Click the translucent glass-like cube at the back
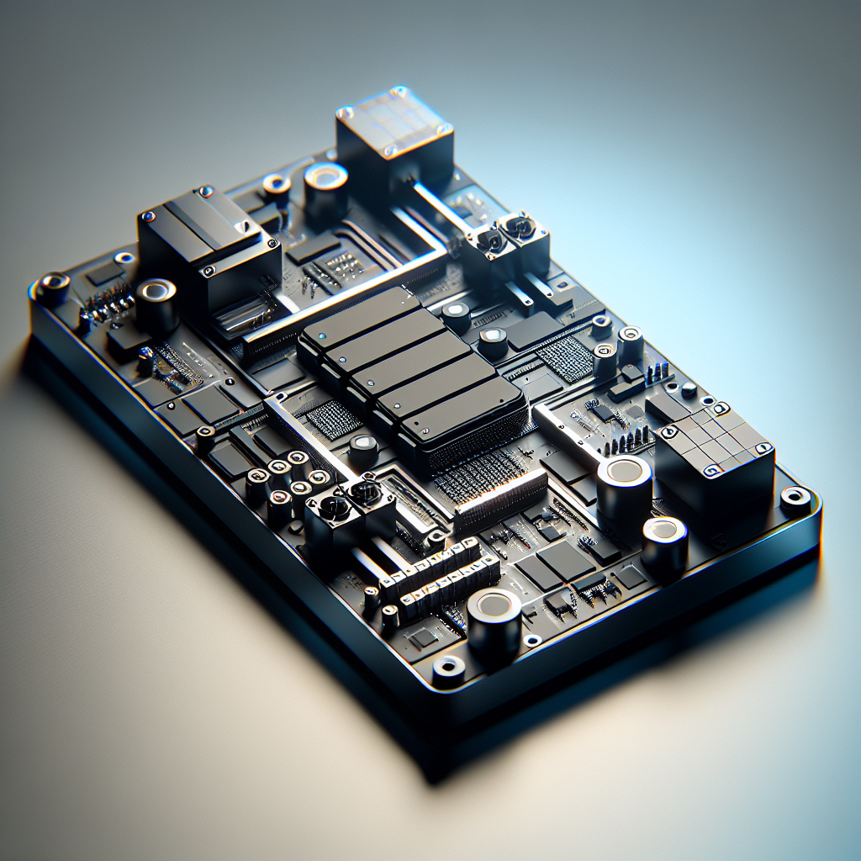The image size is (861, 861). pos(394,143)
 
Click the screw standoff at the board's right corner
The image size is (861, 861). pos(795,499)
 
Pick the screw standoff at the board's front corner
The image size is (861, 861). pos(448,668)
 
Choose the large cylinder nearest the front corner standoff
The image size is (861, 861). pos(494,622)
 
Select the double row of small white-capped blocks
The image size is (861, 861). pos(437,576)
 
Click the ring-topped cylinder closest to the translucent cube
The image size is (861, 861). pos(325,189)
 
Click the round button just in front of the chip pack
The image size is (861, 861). pos(363,450)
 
